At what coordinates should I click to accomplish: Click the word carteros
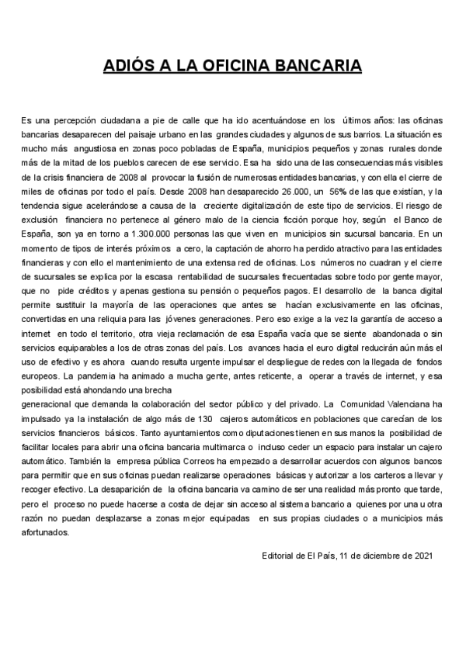tap(390, 476)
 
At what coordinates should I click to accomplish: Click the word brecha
tap(180, 390)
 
